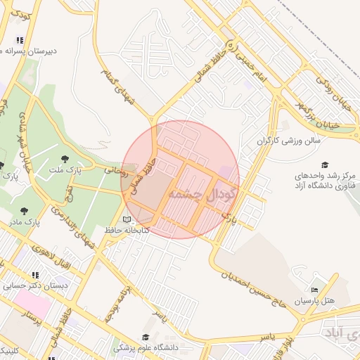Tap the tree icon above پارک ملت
coord(65,159)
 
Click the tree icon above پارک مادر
coord(25,210)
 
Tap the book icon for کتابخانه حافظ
coord(127,220)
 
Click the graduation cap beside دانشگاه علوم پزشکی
coord(145,337)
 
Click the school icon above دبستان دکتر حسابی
coord(34,275)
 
